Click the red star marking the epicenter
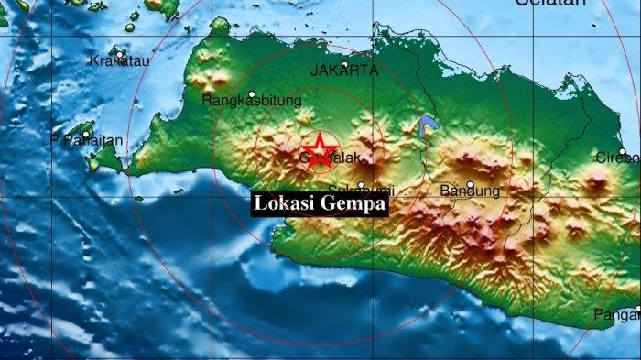click(x=320, y=149)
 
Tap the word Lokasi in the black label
click(x=284, y=204)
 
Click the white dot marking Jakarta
click(x=344, y=65)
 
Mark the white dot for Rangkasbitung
click(x=252, y=93)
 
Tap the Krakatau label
click(x=119, y=60)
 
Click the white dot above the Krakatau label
click(x=120, y=53)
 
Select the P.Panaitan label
click(x=86, y=141)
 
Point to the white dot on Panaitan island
click(x=86, y=135)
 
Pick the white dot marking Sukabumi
click(x=363, y=184)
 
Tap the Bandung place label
click(x=470, y=191)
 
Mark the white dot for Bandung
click(x=470, y=184)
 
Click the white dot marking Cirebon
click(x=623, y=152)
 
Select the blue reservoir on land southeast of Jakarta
click(x=425, y=129)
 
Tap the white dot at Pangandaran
click(x=638, y=309)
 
